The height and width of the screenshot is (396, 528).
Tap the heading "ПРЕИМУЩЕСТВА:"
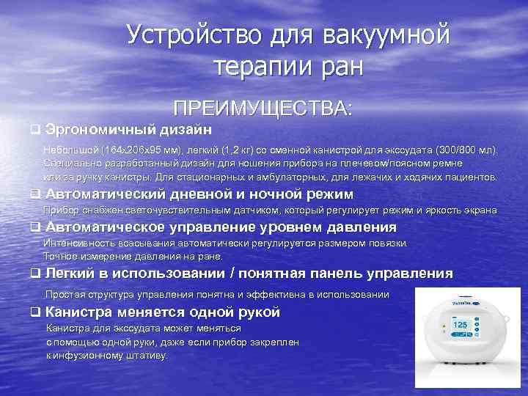point(263,109)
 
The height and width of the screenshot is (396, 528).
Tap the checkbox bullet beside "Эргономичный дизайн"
point(34,130)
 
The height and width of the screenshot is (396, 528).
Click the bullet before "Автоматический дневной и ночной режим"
point(34,194)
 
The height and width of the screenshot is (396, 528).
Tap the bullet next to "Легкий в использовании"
point(34,274)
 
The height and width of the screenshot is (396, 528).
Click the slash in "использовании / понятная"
point(232,274)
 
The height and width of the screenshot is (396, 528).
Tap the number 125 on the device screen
point(461,324)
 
